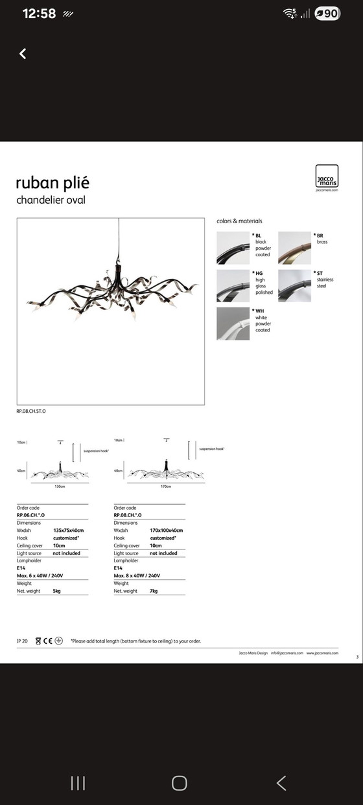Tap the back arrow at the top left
pos(23,54)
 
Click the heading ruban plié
pos(53,183)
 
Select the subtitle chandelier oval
pos(51,200)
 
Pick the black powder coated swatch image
pos(233,248)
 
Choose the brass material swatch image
pos(294,248)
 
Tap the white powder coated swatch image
pos(233,324)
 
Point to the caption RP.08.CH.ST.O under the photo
pos(31,412)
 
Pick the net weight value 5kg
pos(58,591)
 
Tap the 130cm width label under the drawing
pos(60,486)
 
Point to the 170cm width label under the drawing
pos(165,486)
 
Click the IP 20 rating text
pos(22,641)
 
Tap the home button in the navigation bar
pos(180,765)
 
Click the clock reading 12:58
pos(40,14)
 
